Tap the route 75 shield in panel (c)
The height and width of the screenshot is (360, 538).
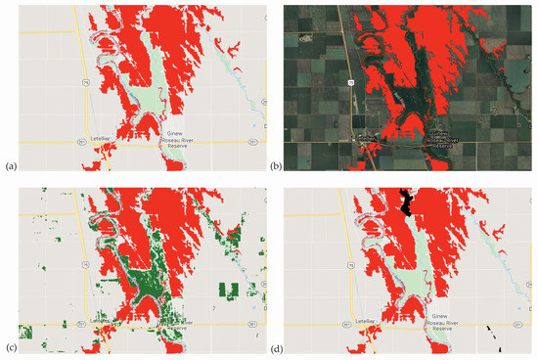coord(85,264)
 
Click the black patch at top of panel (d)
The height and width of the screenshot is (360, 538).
coord(404,202)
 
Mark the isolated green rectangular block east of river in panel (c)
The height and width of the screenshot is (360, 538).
coord(229,291)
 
